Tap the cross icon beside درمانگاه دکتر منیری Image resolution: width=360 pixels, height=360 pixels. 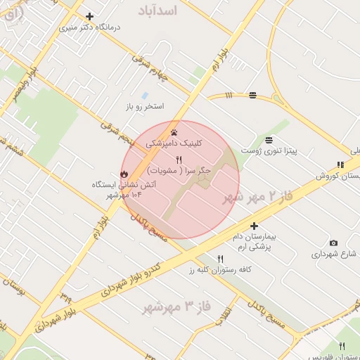pos(89,16)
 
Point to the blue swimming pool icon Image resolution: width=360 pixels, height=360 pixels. pos(145,95)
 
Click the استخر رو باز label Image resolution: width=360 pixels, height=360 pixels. pos(145,107)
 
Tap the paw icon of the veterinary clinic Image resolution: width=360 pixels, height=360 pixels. pos(174,131)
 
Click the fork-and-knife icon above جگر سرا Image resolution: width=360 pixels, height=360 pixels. pos(179,160)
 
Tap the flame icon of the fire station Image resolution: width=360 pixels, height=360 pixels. pos(123,174)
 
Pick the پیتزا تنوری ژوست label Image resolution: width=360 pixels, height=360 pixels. pos(269,150)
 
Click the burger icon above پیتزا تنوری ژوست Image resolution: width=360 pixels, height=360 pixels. pos(269,139)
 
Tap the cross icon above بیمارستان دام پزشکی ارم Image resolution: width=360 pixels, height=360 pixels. pos(254,226)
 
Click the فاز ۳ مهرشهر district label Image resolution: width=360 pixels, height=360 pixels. pos(177,307)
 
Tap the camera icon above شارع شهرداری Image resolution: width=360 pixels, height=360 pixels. pos(333,243)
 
